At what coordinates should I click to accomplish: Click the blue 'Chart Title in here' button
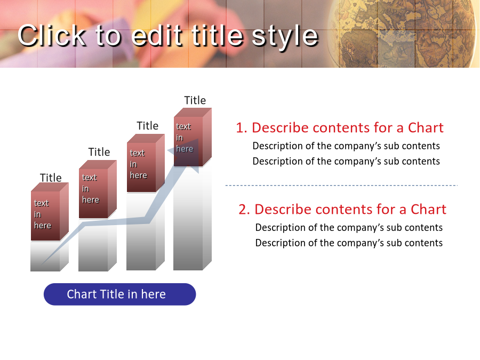tap(119, 294)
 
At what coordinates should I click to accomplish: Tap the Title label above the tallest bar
tap(195, 100)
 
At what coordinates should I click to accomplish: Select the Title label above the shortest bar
tap(51, 178)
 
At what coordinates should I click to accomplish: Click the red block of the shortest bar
tap(50, 212)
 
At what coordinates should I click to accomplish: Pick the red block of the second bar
tap(98, 189)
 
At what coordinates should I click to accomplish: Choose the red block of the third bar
tap(146, 163)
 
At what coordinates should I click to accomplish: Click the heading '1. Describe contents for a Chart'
tap(340, 127)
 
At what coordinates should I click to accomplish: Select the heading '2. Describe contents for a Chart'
tap(342, 210)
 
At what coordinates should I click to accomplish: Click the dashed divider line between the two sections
tap(341, 185)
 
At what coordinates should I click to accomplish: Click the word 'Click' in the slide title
tap(52, 36)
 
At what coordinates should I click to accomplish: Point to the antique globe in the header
tap(404, 33)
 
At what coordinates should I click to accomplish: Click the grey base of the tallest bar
tap(192, 218)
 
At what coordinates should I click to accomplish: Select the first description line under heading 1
tap(346, 146)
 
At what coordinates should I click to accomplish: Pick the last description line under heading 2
tap(349, 243)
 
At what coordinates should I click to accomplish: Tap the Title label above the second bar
tap(99, 152)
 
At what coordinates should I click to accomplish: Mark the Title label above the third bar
tap(147, 126)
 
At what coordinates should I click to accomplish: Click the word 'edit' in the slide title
tap(157, 36)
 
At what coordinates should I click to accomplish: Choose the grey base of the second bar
tap(98, 245)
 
